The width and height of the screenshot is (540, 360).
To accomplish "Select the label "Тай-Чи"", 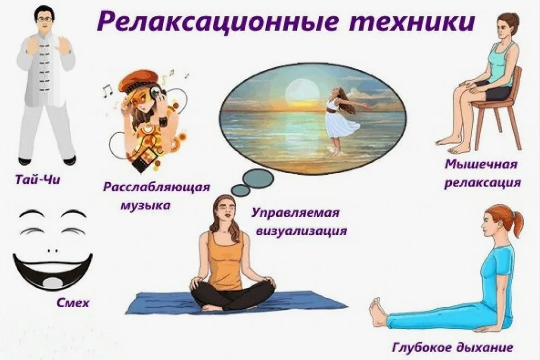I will pyautogui.click(x=38, y=179).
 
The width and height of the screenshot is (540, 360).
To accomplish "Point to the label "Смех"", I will pyautogui.click(x=73, y=303).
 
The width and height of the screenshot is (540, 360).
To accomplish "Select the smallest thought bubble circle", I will pyautogui.click(x=241, y=190).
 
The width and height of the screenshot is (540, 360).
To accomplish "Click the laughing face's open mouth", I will pyautogui.click(x=52, y=270).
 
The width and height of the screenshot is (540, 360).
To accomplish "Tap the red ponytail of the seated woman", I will pyautogui.click(x=516, y=223).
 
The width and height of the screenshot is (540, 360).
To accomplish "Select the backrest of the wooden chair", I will pyautogui.click(x=516, y=85).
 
